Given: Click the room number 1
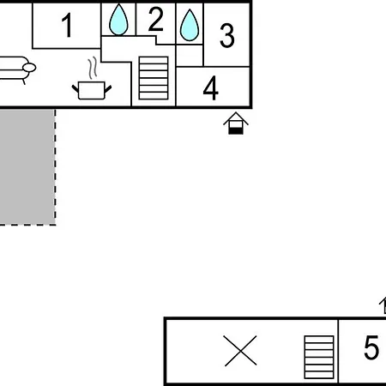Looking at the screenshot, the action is point(67,26).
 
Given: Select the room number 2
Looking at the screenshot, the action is point(156,20).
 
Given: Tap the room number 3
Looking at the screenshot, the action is point(227,35).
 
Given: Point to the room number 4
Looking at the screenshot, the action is point(211,87).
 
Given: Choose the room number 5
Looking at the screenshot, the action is point(371,347).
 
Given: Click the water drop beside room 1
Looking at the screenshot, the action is point(118,20).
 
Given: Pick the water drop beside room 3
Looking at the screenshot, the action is point(190,25).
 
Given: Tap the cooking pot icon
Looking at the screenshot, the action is point(92,90).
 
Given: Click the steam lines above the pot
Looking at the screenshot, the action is point(93,68).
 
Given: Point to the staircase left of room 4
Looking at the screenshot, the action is point(154,78).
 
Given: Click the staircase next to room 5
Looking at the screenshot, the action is point(319,357).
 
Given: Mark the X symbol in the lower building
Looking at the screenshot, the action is point(240,351).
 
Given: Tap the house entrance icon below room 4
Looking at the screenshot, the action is point(236,124).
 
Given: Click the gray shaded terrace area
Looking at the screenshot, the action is point(27,166).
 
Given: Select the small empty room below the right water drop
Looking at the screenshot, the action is point(190,56).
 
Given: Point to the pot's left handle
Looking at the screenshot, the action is point(75,88).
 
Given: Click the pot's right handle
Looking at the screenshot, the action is point(108,89).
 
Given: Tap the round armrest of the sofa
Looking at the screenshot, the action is point(29,68).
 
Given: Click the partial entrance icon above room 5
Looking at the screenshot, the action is point(383,305).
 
